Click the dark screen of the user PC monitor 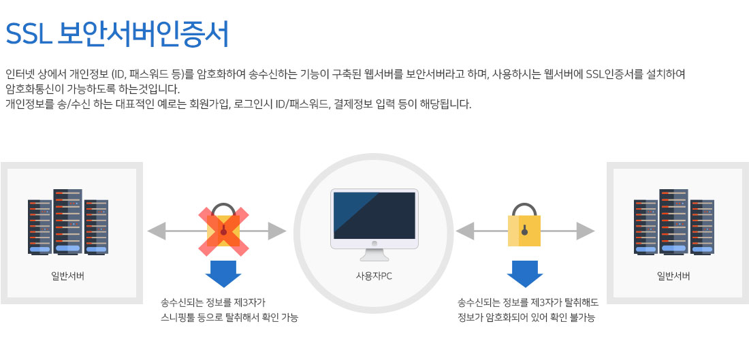pyautogui.click(x=374, y=215)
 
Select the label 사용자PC pyautogui.click(x=374, y=276)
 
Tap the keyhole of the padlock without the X pyautogui.click(x=524, y=229)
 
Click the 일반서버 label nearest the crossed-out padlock pyautogui.click(x=68, y=276)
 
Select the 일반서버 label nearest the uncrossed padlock pyautogui.click(x=673, y=276)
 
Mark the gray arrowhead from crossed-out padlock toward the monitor pyautogui.click(x=277, y=231)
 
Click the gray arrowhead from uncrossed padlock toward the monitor pyautogui.click(x=465, y=231)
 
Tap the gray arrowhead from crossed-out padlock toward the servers pyautogui.click(x=156, y=231)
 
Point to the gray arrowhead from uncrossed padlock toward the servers pyautogui.click(x=586, y=231)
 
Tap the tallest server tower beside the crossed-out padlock pyautogui.click(x=68, y=221)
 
